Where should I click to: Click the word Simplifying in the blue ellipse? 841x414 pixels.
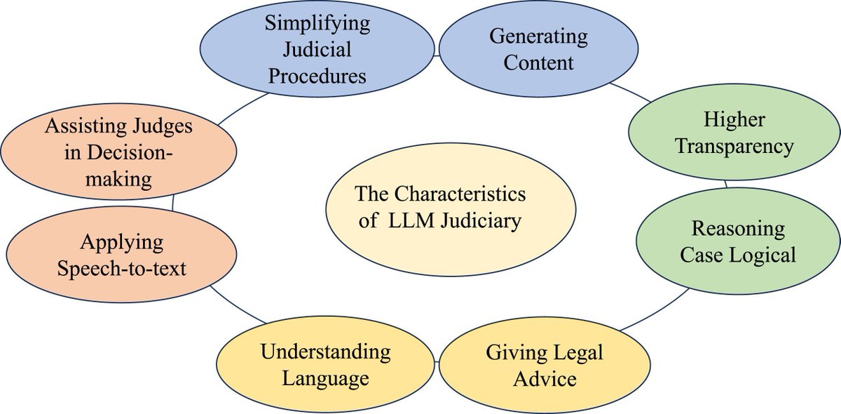click(x=317, y=22)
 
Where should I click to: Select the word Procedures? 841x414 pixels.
click(x=317, y=76)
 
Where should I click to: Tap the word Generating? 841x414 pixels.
click(x=538, y=35)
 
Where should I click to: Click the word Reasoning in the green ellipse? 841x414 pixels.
click(x=738, y=228)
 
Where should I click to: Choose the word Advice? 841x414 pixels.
click(x=545, y=379)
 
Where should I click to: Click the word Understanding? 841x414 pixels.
click(x=325, y=352)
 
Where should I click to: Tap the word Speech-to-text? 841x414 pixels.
click(x=122, y=267)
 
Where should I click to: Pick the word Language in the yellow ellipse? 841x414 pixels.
click(x=325, y=379)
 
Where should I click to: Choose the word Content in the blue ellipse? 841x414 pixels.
click(x=538, y=62)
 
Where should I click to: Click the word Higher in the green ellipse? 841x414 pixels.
click(x=734, y=119)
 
